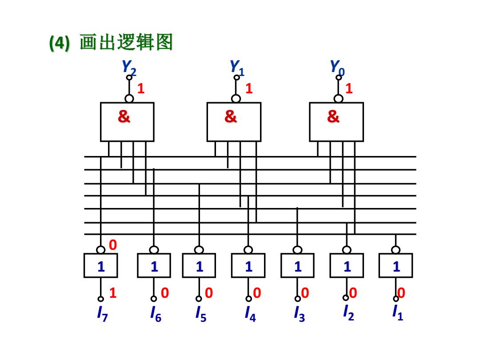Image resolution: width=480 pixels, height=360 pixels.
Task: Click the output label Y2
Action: click(129, 68)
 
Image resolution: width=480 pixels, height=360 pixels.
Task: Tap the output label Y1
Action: click(237, 68)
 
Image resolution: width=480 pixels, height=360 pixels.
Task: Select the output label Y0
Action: click(337, 68)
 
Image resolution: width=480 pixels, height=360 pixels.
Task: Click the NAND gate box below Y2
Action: click(127, 122)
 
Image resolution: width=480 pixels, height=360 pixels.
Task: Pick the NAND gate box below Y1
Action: click(234, 122)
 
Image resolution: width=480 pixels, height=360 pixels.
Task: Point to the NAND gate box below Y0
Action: click(336, 122)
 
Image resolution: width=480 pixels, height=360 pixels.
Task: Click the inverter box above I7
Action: click(101, 265)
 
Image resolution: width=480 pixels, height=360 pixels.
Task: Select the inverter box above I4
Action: click(248, 265)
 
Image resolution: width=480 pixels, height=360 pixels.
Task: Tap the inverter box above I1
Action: click(396, 265)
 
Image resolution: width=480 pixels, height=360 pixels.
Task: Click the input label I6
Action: click(156, 314)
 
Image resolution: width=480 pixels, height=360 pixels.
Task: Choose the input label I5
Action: click(201, 314)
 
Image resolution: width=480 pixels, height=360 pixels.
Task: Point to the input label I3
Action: click(300, 314)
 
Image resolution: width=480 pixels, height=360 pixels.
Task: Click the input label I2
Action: click(348, 313)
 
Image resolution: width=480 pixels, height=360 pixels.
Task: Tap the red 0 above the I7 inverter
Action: click(113, 245)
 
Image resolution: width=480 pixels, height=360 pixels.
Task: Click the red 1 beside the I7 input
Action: click(113, 293)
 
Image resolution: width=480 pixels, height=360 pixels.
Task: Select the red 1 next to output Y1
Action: click(249, 88)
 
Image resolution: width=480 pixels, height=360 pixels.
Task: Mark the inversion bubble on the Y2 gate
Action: click(129, 99)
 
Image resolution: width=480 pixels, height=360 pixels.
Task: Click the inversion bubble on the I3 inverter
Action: click(297, 250)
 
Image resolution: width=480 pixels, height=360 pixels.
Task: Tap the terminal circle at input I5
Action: click(199, 299)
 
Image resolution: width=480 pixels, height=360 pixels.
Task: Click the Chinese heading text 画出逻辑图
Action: click(126, 42)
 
